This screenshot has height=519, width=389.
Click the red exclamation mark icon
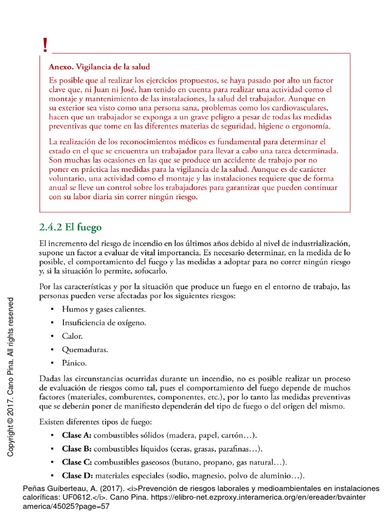click(46, 46)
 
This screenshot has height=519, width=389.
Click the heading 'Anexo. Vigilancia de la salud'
click(99, 67)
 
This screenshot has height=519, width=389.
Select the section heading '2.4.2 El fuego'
click(70, 227)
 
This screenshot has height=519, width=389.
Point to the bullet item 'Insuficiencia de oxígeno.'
click(104, 322)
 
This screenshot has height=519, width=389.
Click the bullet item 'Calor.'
click(72, 336)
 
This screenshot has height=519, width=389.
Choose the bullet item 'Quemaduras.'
click(85, 349)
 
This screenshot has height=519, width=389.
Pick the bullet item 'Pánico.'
click(74, 363)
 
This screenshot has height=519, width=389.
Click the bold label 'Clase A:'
click(77, 435)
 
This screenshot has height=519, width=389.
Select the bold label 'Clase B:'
click(77, 449)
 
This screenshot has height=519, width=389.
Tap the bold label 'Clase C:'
click(77, 462)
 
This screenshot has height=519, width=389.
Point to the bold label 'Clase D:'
click(77, 475)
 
